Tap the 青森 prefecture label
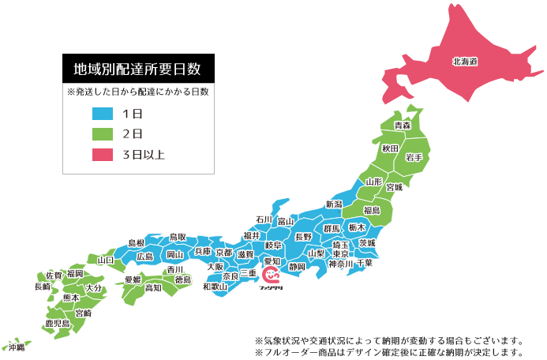coord(403,126)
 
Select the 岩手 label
coord(414,158)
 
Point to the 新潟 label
coord(334,204)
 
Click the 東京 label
coord(340,254)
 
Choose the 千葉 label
coord(364,263)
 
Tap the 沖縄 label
coord(17,347)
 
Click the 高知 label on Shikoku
coord(153,288)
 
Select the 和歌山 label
coord(215,287)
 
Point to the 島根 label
coord(136,242)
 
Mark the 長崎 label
coord(42,287)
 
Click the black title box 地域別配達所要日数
coord(139,69)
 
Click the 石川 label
coord(264,219)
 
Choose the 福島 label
coord(372,210)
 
